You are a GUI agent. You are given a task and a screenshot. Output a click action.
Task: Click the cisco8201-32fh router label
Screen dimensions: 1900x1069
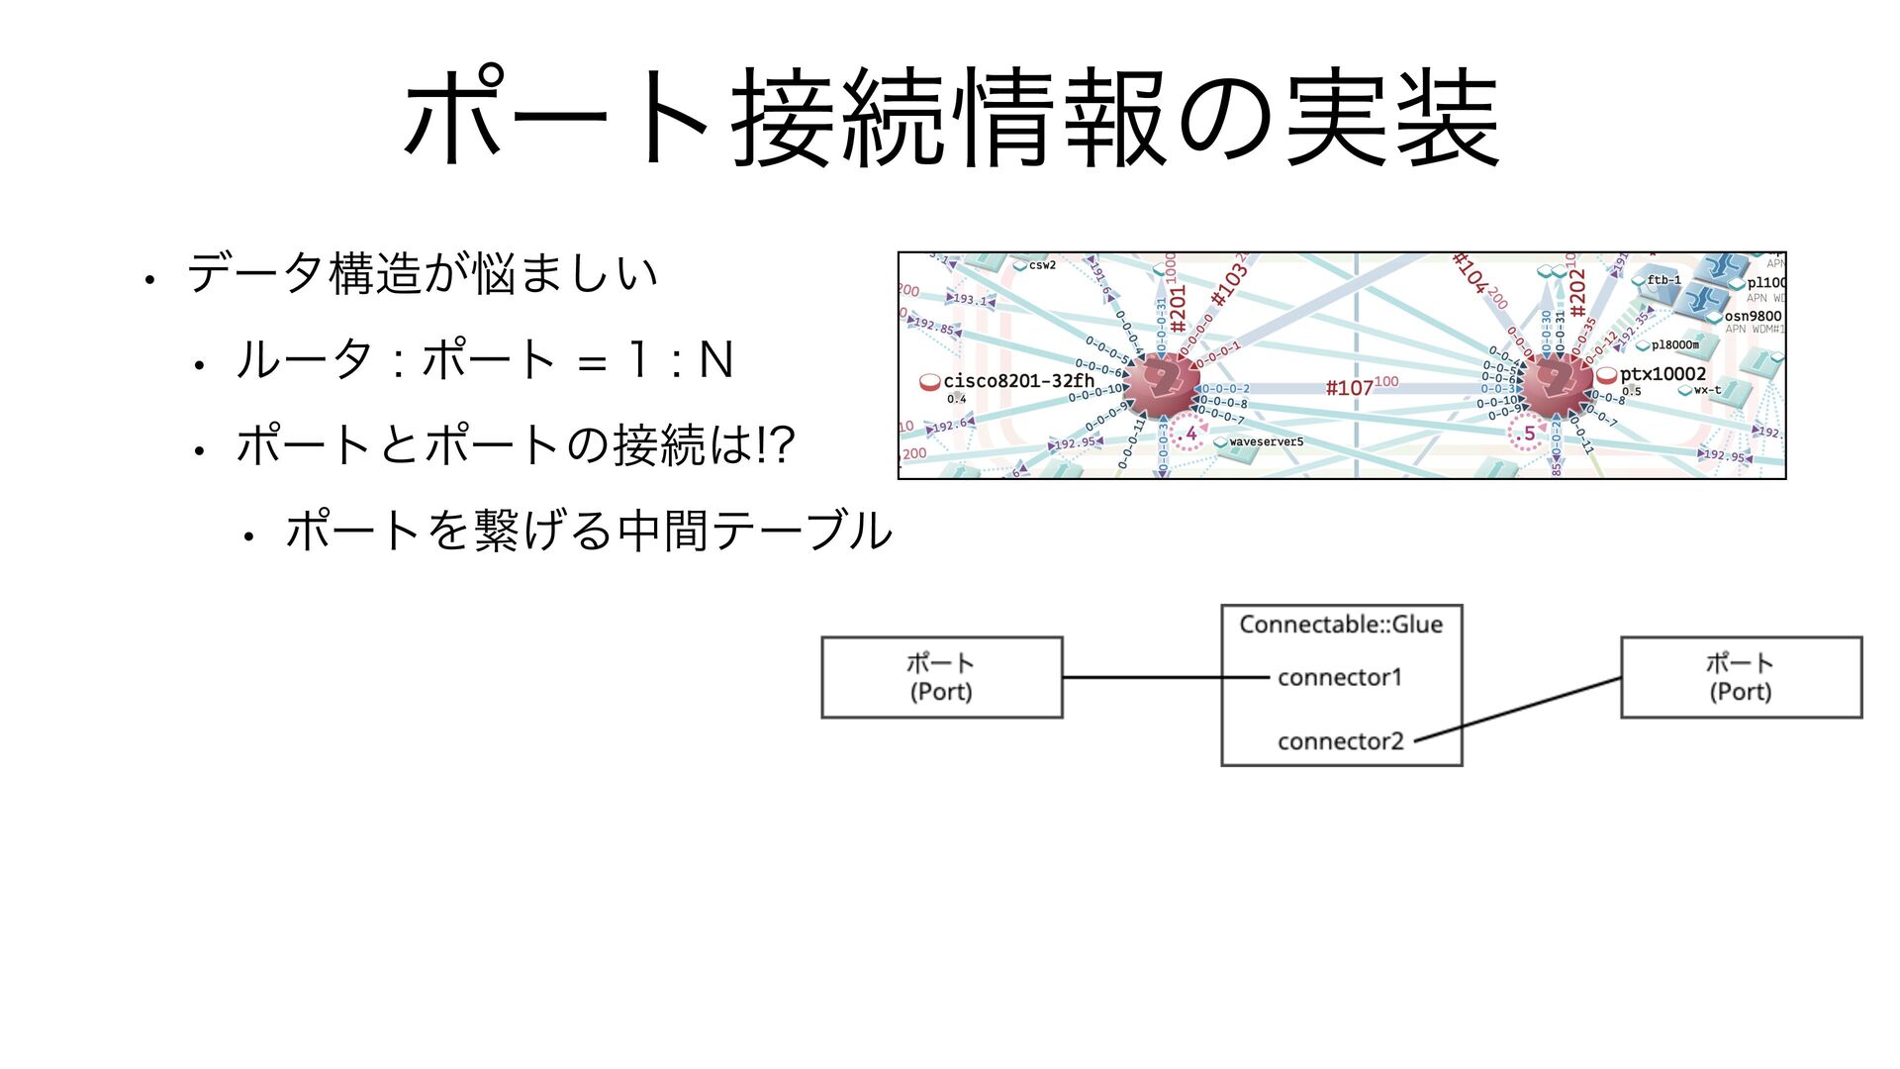pyautogui.click(x=1018, y=381)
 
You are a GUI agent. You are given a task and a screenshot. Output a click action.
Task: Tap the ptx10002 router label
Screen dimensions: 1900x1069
pyautogui.click(x=1662, y=374)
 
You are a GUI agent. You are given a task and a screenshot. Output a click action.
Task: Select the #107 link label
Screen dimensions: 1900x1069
pyautogui.click(x=1351, y=388)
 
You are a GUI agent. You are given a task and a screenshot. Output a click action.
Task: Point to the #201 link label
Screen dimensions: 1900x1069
pyautogui.click(x=1178, y=308)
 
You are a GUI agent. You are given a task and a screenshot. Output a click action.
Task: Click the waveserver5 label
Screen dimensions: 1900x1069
pyautogui.click(x=1266, y=441)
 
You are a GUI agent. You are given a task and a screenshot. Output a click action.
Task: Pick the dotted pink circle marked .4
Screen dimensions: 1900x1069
pyautogui.click(x=1189, y=435)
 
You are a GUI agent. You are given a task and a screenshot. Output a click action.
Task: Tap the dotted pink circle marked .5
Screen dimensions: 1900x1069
pyautogui.click(x=1527, y=435)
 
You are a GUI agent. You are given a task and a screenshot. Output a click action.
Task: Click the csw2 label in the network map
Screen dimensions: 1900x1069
pyautogui.click(x=1041, y=265)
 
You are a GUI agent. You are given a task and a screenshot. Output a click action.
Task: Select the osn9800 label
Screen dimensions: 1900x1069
pyautogui.click(x=1753, y=317)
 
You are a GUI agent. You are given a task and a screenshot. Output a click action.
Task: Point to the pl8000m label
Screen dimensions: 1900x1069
pyautogui.click(x=1674, y=345)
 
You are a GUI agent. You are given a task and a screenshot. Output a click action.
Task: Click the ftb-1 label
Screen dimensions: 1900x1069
pyautogui.click(x=1663, y=280)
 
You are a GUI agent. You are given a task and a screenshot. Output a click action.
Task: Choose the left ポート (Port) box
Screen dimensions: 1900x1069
pyautogui.click(x=941, y=677)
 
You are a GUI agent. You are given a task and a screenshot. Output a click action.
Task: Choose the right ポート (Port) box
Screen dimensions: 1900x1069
pyautogui.click(x=1741, y=677)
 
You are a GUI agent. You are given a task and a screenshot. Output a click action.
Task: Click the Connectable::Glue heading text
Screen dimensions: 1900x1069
pyautogui.click(x=1341, y=625)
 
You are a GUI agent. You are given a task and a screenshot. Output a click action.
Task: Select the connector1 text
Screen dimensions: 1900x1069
pyautogui.click(x=1340, y=677)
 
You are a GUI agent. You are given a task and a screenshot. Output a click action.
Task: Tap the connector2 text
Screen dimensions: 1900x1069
pyautogui.click(x=1340, y=741)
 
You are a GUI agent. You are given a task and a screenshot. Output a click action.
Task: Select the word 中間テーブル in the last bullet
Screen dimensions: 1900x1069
pyautogui.click(x=754, y=532)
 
